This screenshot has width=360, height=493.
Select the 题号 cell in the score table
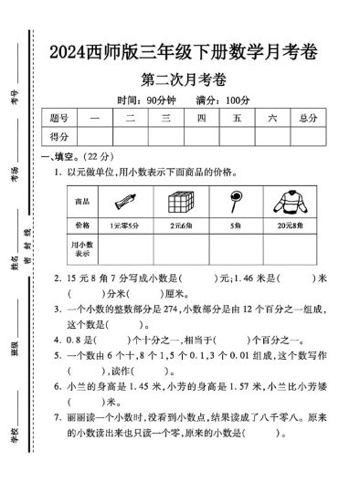pos(59,119)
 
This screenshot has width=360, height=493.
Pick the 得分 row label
pos(59,136)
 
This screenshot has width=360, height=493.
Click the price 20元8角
pos(289,224)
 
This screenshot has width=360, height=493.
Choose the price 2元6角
pos(181,224)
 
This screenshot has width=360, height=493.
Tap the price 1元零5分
pos(125,224)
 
